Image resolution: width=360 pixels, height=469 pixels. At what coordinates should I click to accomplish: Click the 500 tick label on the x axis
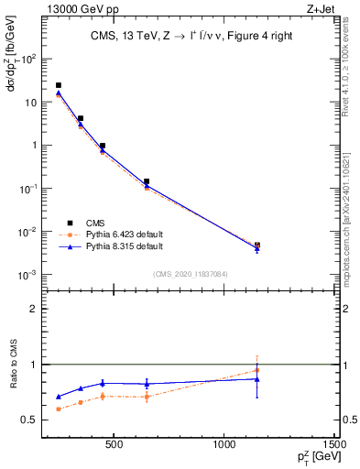coord(115,445)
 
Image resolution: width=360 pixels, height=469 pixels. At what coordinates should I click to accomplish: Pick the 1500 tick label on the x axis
coord(336,445)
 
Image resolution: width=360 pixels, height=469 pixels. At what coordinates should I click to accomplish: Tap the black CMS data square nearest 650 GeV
coord(147,181)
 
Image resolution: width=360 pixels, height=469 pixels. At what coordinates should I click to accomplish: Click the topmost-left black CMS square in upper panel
coord(59,85)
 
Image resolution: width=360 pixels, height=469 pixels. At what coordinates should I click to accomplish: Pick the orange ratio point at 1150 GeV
coord(257,370)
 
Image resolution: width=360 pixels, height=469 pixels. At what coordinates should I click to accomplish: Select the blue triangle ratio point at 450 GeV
coord(103,383)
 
